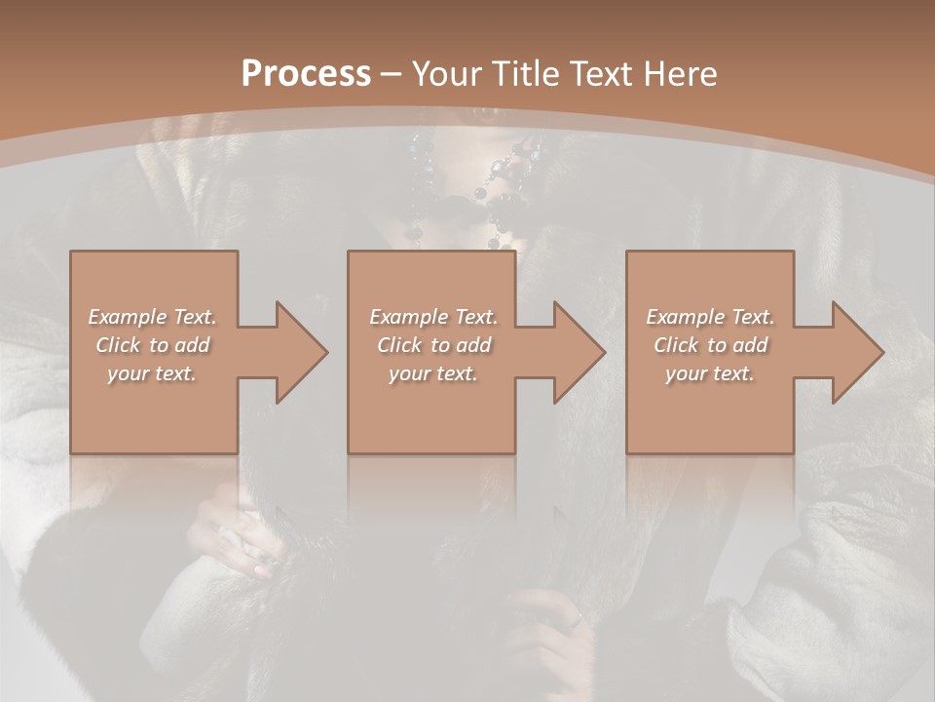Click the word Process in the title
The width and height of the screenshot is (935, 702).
[x=306, y=73]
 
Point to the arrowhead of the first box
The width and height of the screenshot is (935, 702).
[x=298, y=352]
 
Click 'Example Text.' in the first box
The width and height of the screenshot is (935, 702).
[x=153, y=317]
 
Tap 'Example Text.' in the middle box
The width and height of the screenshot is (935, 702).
[x=433, y=317]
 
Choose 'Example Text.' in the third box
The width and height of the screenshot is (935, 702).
[x=710, y=317]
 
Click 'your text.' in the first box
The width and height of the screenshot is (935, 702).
[x=153, y=373]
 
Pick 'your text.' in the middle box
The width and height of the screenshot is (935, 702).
[x=433, y=373]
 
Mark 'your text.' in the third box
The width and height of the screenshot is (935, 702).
[x=710, y=373]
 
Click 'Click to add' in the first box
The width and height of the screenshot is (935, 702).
[x=153, y=345]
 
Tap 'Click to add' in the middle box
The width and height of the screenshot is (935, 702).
[x=433, y=345]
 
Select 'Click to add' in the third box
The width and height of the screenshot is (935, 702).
[x=710, y=345]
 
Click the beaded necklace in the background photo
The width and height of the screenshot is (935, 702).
[x=487, y=180]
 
